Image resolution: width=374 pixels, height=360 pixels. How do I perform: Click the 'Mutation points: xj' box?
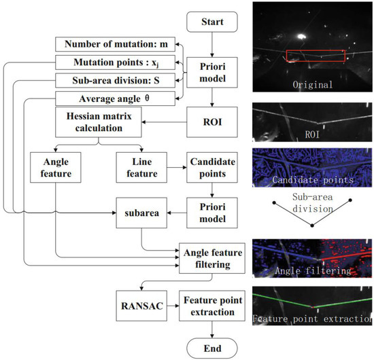coord(112,63)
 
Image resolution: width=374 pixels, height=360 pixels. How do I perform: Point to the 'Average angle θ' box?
coord(112,98)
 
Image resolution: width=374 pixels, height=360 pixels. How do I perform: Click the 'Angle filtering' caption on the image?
coord(312,270)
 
